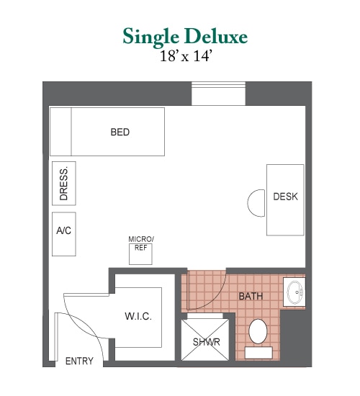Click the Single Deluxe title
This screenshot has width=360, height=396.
tap(185, 37)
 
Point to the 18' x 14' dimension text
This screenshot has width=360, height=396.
tap(185, 56)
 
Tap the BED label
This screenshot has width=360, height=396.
tap(120, 132)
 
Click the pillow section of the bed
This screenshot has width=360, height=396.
tap(60, 132)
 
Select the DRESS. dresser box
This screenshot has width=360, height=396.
tap(64, 184)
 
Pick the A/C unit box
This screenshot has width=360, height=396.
tap(64, 234)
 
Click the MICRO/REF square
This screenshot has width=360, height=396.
tap(140, 254)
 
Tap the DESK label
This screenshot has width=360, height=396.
tap(285, 197)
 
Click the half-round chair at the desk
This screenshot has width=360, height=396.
tap(256, 203)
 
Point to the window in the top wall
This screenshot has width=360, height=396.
tap(219, 94)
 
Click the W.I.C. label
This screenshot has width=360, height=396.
tap(138, 317)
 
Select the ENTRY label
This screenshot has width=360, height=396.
tap(79, 361)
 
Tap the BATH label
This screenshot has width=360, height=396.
tap(251, 296)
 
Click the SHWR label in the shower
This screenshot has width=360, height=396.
tap(207, 342)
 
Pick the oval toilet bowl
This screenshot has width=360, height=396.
tap(258, 331)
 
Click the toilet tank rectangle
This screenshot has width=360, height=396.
tap(258, 353)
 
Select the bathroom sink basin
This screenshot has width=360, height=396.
tap(294, 292)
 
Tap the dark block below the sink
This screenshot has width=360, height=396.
tap(296, 338)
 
